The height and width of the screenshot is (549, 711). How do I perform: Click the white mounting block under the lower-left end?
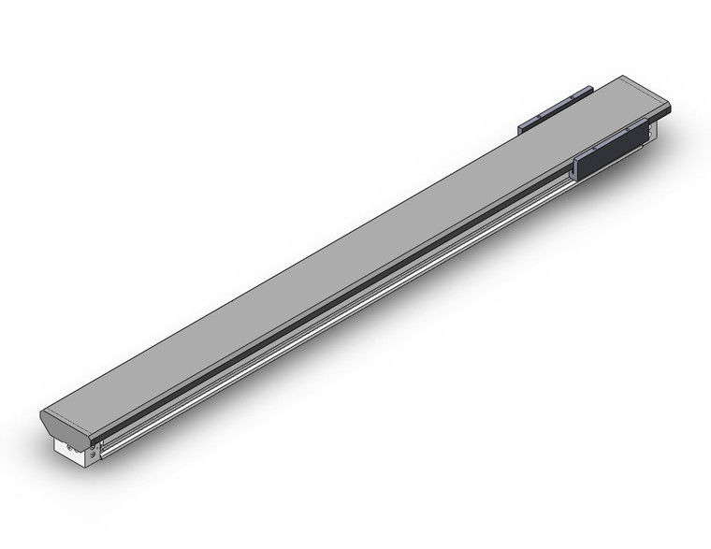click(69, 454)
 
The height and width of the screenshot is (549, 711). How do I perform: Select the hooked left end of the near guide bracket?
click(577, 168)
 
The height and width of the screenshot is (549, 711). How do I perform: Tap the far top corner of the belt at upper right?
click(621, 77)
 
